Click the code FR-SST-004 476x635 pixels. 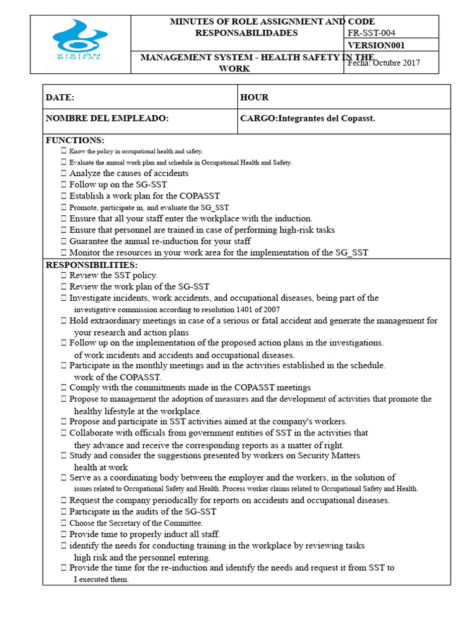(x=372, y=33)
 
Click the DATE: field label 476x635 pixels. (x=60, y=97)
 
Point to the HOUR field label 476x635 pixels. (x=254, y=97)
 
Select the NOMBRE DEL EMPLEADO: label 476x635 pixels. (x=107, y=118)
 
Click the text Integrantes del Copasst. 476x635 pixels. (x=327, y=118)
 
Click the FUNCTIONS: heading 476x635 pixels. (x=75, y=141)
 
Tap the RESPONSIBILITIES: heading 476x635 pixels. (x=92, y=265)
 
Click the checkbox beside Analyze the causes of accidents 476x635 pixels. (x=64, y=174)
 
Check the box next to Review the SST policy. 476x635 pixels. (x=64, y=275)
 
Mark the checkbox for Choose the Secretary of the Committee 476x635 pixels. (x=64, y=523)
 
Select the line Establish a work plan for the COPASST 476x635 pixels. (x=144, y=196)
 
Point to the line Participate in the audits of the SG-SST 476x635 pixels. (x=143, y=512)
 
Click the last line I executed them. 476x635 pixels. (x=101, y=579)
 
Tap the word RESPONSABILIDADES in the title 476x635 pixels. (x=246, y=33)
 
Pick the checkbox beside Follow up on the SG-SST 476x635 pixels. (x=64, y=185)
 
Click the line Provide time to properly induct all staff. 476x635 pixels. (x=144, y=534)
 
